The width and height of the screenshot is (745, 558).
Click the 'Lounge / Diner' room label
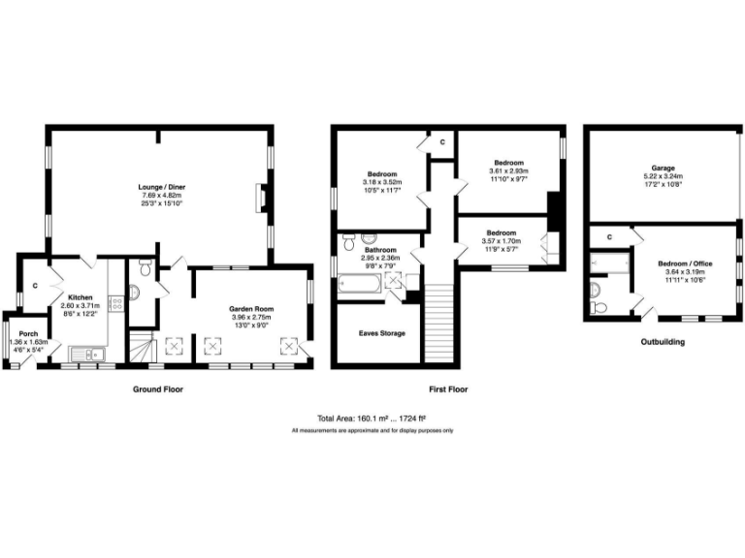(162, 186)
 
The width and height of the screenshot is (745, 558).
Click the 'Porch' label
(28, 333)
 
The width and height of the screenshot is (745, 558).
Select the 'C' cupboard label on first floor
(442, 142)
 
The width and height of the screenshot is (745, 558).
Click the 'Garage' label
(664, 168)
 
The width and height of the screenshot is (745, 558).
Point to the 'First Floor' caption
(448, 388)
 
